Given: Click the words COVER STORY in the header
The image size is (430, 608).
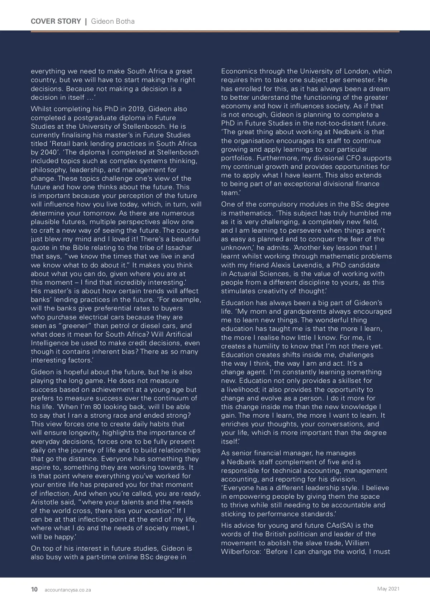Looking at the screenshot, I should click(56, 21).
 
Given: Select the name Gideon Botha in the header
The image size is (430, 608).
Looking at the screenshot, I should click(113, 21).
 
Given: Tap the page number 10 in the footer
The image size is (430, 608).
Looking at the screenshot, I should click(34, 589).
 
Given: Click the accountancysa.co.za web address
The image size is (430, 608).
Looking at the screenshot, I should click(68, 590).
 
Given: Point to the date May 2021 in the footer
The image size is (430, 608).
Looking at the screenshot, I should click(388, 589).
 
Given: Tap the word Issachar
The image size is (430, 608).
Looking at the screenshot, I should click(178, 248).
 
